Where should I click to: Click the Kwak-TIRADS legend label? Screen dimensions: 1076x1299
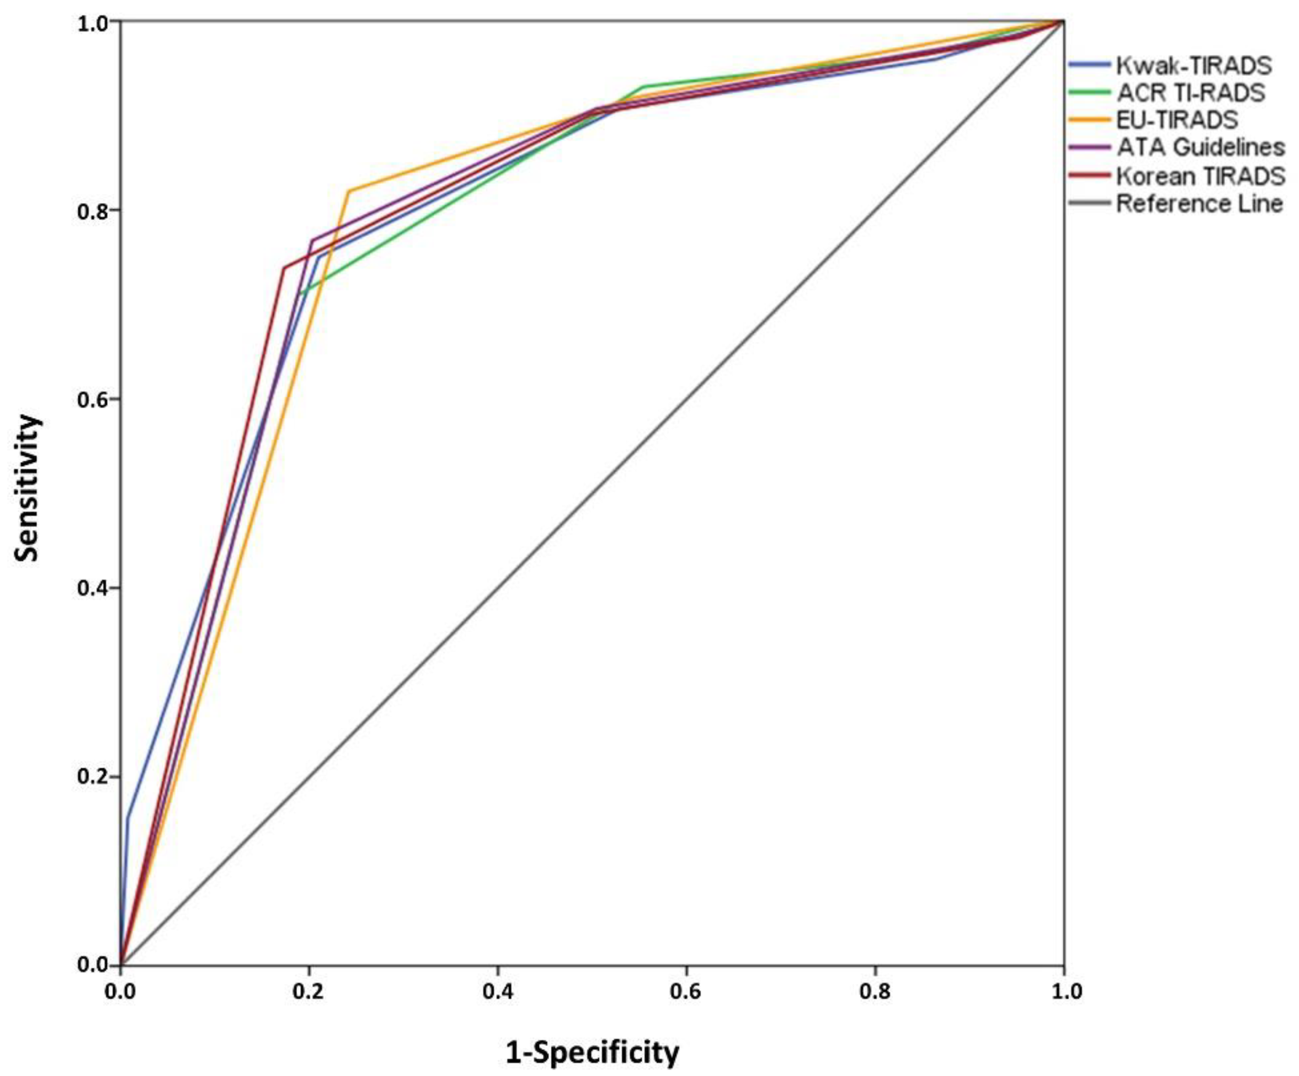pyautogui.click(x=1193, y=64)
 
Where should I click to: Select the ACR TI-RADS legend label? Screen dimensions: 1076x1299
pyautogui.click(x=1191, y=92)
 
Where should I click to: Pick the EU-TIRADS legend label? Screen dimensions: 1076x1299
pyautogui.click(x=1176, y=119)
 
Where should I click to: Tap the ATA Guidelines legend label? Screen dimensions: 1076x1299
pyautogui.click(x=1200, y=147)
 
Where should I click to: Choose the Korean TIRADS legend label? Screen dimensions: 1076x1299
pyautogui.click(x=1200, y=176)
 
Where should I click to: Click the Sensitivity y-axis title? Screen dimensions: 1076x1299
pyautogui.click(x=28, y=489)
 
